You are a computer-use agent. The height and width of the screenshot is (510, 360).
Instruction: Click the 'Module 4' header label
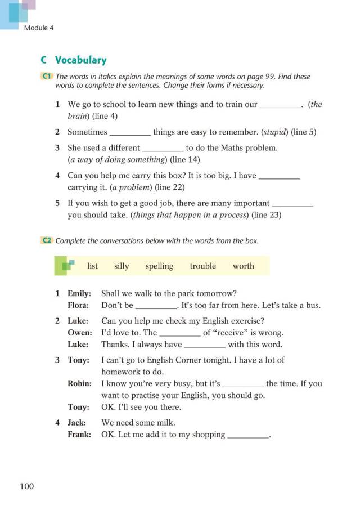point(39,28)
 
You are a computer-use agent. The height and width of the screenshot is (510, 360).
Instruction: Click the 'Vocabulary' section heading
point(80,60)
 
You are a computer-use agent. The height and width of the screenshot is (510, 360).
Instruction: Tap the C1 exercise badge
point(47,77)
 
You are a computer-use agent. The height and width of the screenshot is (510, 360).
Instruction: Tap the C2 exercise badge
point(47,240)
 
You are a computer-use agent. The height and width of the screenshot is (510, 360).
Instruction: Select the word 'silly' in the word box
point(121,266)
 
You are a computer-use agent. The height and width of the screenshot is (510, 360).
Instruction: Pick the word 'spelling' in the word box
point(159,266)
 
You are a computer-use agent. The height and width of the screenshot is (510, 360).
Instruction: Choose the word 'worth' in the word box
point(243,266)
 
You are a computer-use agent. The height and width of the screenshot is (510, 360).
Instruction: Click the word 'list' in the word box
point(93,266)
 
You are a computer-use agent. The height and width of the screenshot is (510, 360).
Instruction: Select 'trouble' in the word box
point(202,266)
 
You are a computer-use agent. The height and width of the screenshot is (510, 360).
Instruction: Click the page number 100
point(26,486)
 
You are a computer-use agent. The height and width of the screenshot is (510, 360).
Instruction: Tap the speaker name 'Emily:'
point(79,293)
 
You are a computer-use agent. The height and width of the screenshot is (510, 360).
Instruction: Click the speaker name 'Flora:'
point(78,305)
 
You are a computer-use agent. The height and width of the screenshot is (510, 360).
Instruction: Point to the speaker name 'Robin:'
point(79,383)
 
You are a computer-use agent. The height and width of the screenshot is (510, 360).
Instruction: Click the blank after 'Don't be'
point(156,306)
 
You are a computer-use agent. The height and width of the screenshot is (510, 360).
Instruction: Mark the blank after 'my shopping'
point(248,435)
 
